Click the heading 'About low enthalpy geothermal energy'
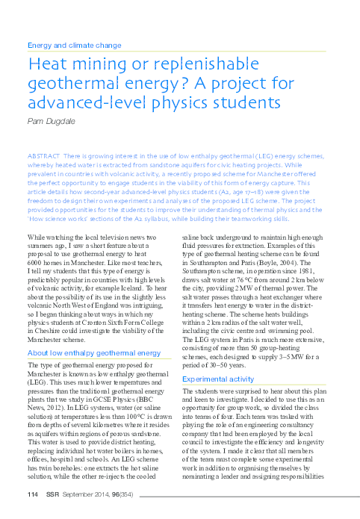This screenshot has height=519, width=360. (93, 352)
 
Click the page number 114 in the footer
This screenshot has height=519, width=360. (31, 495)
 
